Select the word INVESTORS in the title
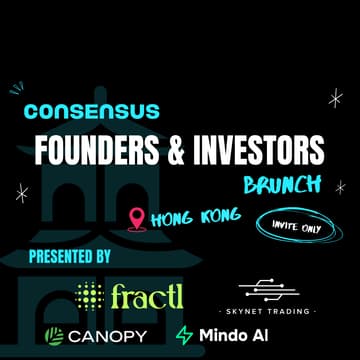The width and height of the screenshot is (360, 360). pos(263,150)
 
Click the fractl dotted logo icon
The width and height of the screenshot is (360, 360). pos(90,295)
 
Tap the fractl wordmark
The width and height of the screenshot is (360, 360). pos(147,295)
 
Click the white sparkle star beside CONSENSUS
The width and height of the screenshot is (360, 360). pos(335,97)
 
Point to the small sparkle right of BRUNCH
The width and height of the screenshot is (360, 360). pos(340,186)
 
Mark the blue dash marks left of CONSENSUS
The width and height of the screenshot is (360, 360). pos(15,90)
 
